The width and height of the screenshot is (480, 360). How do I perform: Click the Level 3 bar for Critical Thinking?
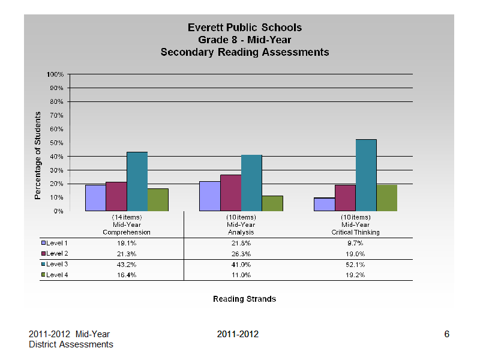pyautogui.click(x=366, y=175)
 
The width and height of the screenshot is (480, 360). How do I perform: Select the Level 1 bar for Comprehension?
pyautogui.click(x=95, y=198)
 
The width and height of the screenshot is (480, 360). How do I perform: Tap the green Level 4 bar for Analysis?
pyautogui.click(x=272, y=203)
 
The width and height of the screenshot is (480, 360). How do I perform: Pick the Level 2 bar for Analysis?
pyautogui.click(x=231, y=193)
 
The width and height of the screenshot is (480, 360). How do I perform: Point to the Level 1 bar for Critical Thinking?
pyautogui.click(x=325, y=205)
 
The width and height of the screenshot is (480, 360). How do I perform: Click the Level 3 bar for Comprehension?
pyautogui.click(x=137, y=182)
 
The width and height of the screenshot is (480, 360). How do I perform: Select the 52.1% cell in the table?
pyautogui.click(x=355, y=265)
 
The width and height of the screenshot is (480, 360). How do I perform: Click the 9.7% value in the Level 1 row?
pyautogui.click(x=355, y=243)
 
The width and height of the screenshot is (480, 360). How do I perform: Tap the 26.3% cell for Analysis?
pyautogui.click(x=241, y=254)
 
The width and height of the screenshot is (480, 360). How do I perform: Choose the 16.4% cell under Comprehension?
pyautogui.click(x=127, y=275)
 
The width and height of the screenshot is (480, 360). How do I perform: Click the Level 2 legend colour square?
pyautogui.click(x=43, y=253)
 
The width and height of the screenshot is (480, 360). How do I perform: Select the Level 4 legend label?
pyautogui.click(x=57, y=275)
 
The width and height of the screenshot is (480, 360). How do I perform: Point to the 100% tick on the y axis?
pyautogui.click(x=55, y=74)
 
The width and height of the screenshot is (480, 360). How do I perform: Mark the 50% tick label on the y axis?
pyautogui.click(x=56, y=143)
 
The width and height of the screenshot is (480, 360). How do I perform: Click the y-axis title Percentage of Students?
pyautogui.click(x=37, y=155)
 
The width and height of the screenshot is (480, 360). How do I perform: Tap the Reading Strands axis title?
pyautogui.click(x=245, y=299)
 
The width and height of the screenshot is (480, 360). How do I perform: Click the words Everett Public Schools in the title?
pyautogui.click(x=245, y=28)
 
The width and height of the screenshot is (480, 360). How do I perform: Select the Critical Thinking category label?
pyautogui.click(x=355, y=232)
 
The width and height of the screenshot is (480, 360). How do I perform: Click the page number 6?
pyautogui.click(x=446, y=334)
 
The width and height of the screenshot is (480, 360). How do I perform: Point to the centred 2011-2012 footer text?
pyautogui.click(x=238, y=334)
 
